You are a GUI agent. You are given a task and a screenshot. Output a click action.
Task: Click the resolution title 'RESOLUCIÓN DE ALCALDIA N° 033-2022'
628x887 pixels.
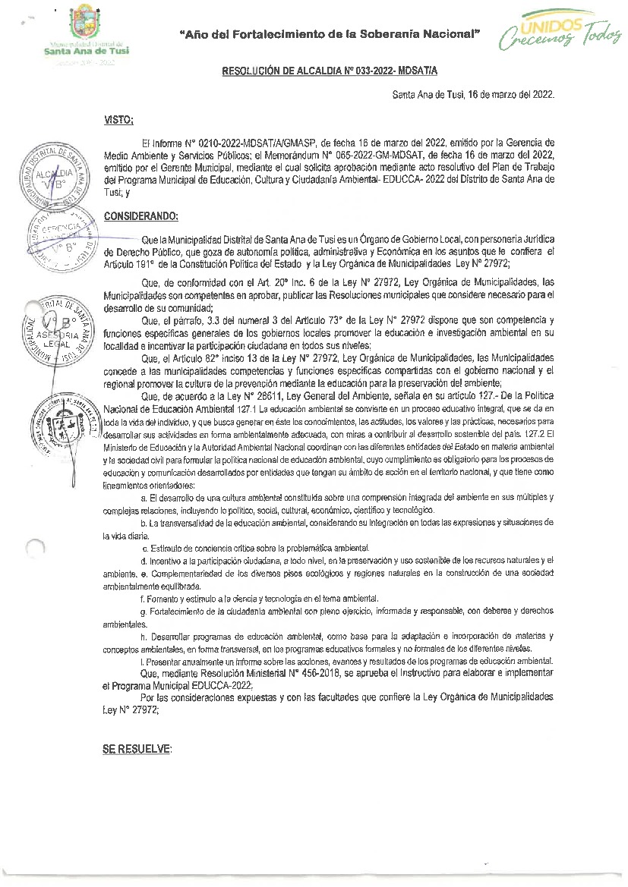click(x=330, y=71)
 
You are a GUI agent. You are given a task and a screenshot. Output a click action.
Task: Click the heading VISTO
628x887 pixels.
click(x=118, y=120)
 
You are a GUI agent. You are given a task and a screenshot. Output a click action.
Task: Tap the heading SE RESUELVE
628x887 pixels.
click(x=137, y=748)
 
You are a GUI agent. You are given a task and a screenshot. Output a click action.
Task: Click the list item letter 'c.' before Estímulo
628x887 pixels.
click(x=145, y=548)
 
